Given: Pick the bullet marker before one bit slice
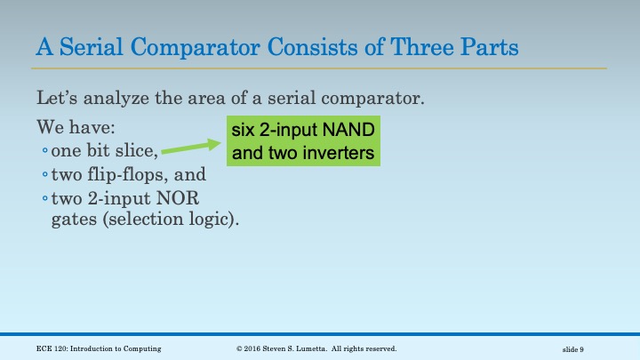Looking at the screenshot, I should click(x=44, y=150).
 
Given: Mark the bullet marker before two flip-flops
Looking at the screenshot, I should click(x=44, y=173).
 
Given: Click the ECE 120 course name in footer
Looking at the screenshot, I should click(x=99, y=348).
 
